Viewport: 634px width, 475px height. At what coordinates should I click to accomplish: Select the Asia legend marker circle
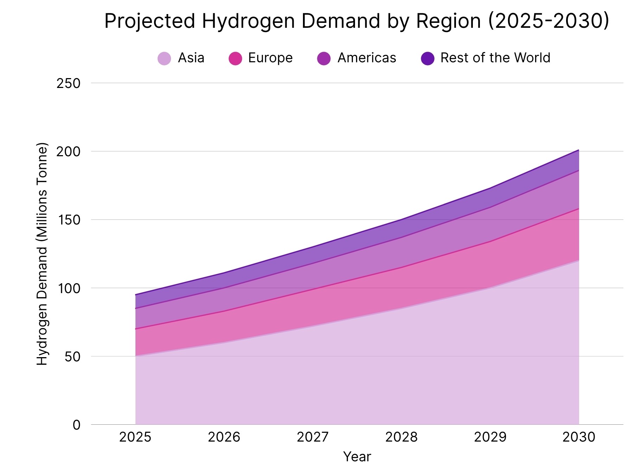tap(164, 58)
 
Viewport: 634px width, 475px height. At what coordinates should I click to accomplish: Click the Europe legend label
tap(270, 58)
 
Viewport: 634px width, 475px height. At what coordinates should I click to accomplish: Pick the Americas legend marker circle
tap(324, 58)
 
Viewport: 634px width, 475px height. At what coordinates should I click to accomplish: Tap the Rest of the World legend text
tap(495, 58)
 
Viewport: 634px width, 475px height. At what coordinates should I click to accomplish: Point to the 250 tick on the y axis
tap(69, 84)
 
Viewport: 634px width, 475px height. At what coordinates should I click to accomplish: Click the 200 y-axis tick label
tap(69, 152)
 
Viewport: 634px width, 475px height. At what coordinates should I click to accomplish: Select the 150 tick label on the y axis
tap(69, 220)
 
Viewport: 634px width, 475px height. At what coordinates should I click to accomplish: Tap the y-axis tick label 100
tap(69, 288)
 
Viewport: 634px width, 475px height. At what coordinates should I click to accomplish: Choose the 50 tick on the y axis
tap(72, 356)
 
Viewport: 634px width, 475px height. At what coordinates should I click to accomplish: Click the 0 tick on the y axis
tap(77, 425)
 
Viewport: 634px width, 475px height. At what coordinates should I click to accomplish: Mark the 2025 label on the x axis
tap(135, 437)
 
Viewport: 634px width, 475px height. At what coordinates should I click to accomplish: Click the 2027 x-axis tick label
tap(313, 437)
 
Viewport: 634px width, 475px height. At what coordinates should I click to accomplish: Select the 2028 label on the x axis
tap(401, 437)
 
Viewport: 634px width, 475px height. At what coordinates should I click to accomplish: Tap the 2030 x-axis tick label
tap(579, 437)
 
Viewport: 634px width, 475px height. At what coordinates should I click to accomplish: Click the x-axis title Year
tap(357, 457)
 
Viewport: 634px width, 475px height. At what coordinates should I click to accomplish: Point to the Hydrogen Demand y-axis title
tap(42, 254)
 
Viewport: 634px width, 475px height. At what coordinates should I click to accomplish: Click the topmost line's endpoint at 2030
tap(579, 150)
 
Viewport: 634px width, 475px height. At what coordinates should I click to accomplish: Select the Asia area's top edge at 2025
tap(135, 356)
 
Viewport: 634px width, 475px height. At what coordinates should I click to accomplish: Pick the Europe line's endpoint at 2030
tap(579, 209)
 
